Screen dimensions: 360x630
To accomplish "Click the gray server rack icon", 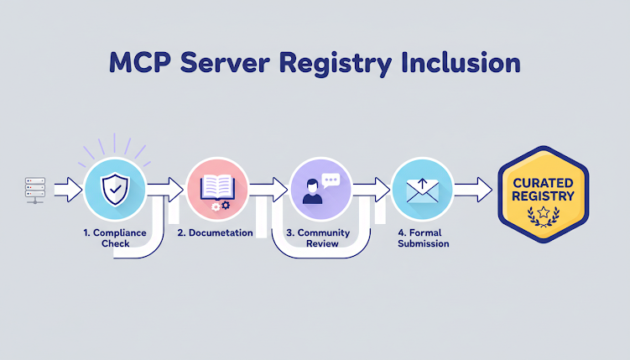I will click(x=34, y=190).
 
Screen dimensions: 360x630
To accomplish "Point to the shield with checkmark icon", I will click(x=114, y=190).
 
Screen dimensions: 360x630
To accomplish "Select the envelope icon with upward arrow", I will click(x=421, y=190).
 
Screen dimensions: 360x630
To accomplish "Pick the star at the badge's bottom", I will click(x=543, y=212).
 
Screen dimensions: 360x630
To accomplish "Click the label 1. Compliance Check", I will click(x=114, y=237).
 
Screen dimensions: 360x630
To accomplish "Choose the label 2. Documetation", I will click(x=216, y=232).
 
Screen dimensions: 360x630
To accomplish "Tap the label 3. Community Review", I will click(x=319, y=237).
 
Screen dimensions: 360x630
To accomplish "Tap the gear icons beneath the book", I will click(x=221, y=206).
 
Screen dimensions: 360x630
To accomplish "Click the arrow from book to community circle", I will click(x=268, y=190).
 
